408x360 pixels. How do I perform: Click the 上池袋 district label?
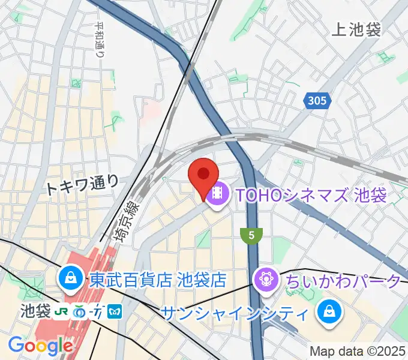point(356,30)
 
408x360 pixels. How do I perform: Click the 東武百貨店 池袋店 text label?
point(157,280)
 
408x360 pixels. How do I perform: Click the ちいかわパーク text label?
point(343,280)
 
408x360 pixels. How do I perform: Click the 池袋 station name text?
point(34,311)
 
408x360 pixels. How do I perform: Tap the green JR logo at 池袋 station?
point(60,312)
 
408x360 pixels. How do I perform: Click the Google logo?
point(40,346)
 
